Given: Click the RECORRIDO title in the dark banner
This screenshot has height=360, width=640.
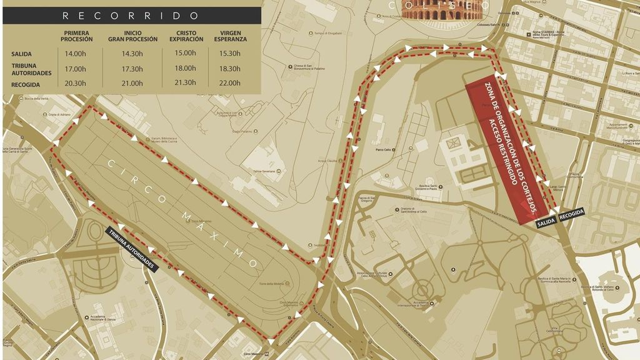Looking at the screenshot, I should point(131,16).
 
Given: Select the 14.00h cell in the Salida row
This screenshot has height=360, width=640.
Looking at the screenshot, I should point(76,54).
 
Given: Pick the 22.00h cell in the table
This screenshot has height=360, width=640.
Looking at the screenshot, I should point(230,84).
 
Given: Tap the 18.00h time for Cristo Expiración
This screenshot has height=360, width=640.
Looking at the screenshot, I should point(186,69).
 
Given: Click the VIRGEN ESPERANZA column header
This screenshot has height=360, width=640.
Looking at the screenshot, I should point(230,36).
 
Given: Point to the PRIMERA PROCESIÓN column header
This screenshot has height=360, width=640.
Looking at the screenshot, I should point(76,36).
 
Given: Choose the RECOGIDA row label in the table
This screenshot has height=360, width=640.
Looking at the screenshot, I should point(26,84).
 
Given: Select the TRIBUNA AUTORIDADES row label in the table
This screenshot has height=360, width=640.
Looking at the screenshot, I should point(31,69).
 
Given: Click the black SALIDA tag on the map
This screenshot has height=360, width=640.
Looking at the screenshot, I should point(545,222).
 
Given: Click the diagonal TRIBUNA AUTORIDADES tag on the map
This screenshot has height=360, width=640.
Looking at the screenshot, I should point(132,248).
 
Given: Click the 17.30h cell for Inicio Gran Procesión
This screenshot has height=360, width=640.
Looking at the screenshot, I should point(132,69).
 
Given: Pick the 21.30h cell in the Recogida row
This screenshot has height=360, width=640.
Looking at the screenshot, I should point(186,84).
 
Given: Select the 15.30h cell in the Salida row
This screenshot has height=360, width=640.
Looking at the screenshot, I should point(230,54).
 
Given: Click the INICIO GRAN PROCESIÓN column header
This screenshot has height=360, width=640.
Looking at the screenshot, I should point(132,36).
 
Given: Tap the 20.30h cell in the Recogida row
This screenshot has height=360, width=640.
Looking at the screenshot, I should point(76,84).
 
